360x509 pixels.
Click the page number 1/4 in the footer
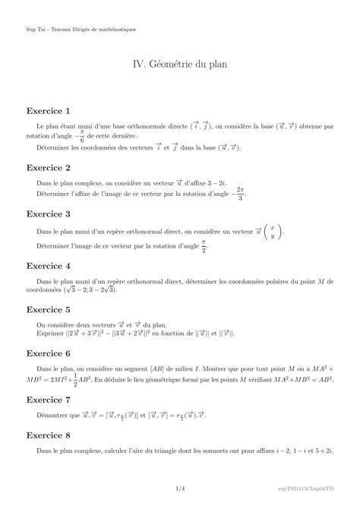pyautogui.click(x=180, y=489)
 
